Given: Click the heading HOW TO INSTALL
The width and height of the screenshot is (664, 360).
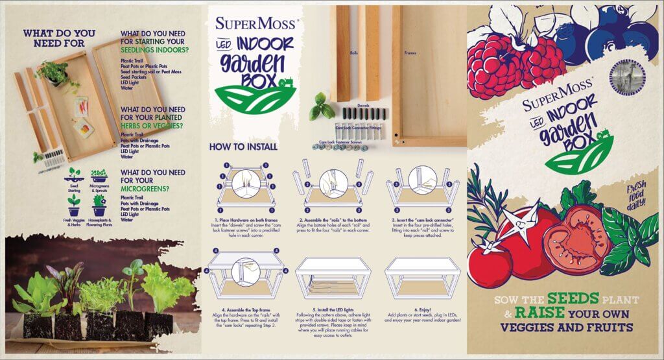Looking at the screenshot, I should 236,147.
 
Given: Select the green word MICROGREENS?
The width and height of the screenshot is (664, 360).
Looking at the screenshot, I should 144,189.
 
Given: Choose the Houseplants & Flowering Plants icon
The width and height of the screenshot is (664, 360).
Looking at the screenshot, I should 99,204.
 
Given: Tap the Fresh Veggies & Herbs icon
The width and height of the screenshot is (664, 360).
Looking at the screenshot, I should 74,204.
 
